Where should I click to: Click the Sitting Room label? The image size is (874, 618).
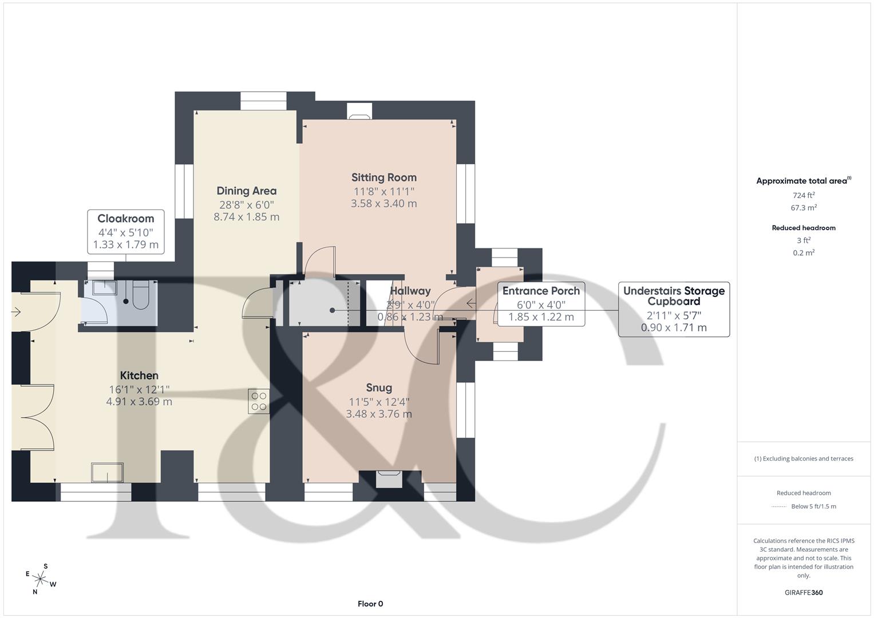383,177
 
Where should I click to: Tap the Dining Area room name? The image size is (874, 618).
246,191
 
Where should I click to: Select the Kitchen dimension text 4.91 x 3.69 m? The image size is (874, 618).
139,402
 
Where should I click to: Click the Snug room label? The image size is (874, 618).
378,388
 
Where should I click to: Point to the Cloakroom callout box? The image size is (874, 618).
126,232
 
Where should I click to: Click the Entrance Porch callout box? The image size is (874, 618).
541,304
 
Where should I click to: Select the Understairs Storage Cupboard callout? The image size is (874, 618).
674,309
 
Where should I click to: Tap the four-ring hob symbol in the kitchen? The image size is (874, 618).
259,401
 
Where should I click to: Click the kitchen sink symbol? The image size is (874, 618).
107,473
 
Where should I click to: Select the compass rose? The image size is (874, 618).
41,578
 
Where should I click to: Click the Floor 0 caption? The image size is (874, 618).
370,604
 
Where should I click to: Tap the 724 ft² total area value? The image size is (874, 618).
804,195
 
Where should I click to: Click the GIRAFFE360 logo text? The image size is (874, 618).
804,592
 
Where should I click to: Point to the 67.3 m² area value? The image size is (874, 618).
804,208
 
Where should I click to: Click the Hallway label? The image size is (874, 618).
410,291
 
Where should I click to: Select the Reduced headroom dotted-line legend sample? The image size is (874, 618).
779,506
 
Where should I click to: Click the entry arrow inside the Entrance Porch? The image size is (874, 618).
472,303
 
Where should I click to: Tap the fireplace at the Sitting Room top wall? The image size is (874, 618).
359,115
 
